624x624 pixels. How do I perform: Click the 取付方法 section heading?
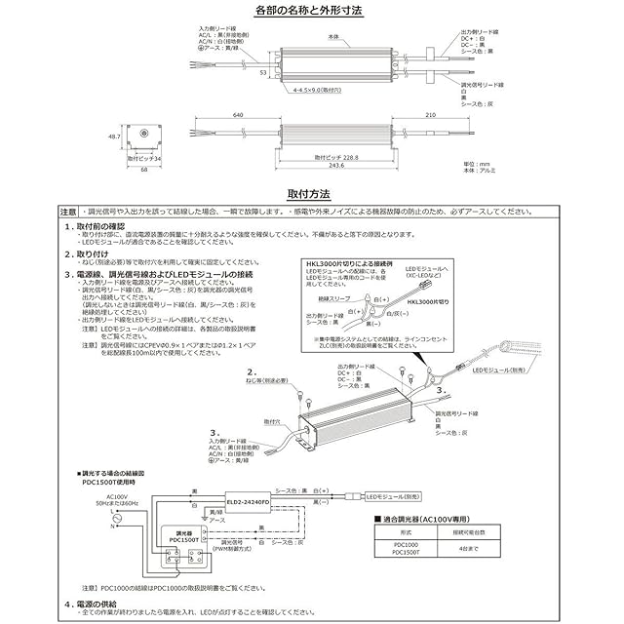311,194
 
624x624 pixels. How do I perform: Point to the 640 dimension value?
238,114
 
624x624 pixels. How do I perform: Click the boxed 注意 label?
67,212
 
